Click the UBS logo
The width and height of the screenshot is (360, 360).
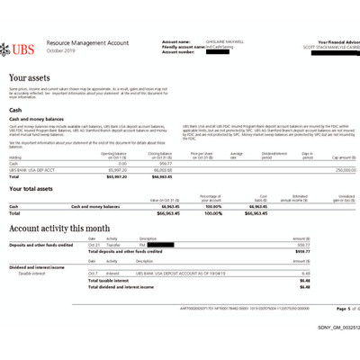tap(25, 46)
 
